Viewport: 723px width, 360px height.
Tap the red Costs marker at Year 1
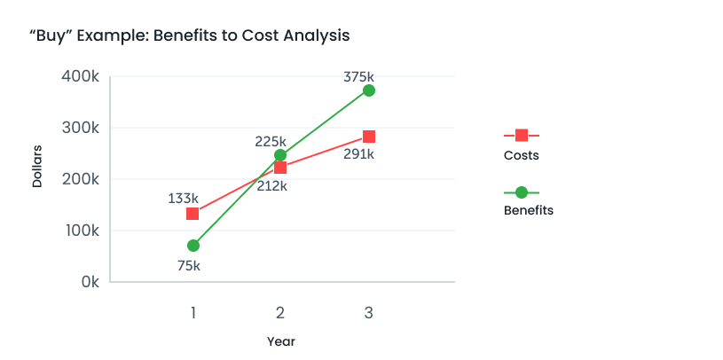click(193, 214)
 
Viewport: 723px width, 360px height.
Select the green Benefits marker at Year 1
click(193, 246)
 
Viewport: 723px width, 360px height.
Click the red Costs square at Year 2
click(280, 168)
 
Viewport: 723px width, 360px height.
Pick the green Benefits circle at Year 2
click(280, 155)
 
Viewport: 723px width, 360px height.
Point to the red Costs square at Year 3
click(369, 137)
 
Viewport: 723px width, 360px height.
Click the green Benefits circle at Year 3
click(369, 90)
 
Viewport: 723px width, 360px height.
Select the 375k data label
click(358, 77)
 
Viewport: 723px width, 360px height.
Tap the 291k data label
click(358, 154)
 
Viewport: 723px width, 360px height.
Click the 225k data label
click(271, 141)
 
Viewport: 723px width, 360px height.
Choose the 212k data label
click(271, 185)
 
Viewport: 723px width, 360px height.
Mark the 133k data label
click(183, 198)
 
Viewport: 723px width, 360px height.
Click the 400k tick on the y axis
click(81, 77)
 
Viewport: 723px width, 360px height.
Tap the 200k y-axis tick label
click(81, 179)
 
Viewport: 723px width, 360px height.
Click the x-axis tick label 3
click(368, 312)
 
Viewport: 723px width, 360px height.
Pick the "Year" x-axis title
click(281, 341)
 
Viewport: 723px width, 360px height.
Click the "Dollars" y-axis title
click(37, 166)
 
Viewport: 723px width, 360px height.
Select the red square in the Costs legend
click(522, 135)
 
